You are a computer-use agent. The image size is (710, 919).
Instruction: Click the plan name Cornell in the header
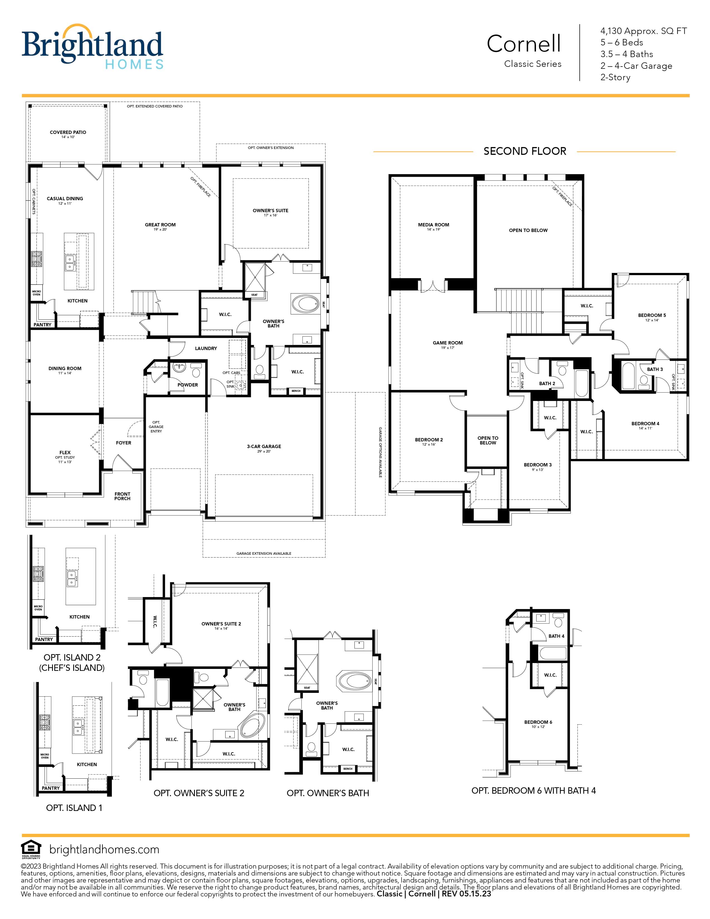tap(524, 44)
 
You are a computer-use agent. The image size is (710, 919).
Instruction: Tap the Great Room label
tap(160, 225)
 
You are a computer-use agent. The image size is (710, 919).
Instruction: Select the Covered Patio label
tap(68, 132)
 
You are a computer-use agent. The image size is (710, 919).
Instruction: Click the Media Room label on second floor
tap(434, 225)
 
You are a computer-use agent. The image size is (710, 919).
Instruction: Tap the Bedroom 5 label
tap(652, 315)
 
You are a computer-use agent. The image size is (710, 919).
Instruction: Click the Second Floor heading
tap(525, 151)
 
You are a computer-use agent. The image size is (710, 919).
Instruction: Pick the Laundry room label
tap(206, 348)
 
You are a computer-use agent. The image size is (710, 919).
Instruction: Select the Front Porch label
tap(123, 496)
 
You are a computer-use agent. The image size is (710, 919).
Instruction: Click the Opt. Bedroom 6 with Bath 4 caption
tap(534, 791)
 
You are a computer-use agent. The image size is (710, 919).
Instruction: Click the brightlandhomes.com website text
tap(104, 850)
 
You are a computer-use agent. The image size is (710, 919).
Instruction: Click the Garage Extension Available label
tap(264, 553)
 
